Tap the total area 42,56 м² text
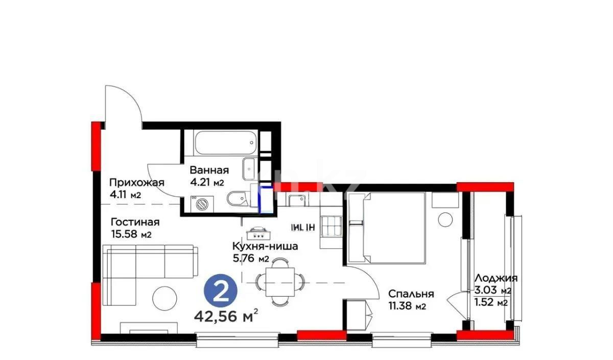[225, 317]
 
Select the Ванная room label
[209, 171]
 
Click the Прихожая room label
[136, 183]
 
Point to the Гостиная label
[135, 222]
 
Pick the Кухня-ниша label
[265, 247]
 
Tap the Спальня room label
[411, 294]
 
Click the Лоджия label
[496, 278]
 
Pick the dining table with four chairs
[280, 280]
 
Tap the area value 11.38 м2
[407, 306]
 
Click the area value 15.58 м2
[131, 235]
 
